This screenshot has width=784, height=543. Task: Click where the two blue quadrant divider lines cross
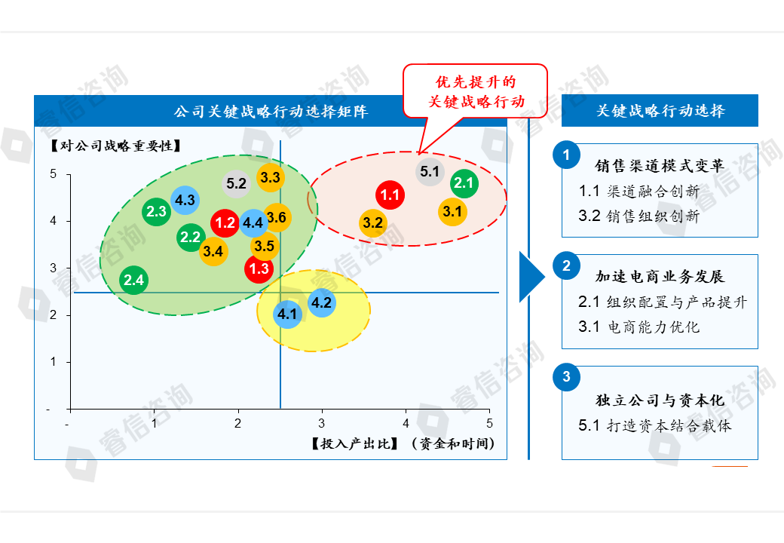tap(280, 293)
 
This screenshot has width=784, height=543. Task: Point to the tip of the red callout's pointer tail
tap(419, 153)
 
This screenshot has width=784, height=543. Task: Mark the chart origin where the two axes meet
tap(71, 410)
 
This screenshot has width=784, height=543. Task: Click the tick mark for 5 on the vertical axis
tap(69, 174)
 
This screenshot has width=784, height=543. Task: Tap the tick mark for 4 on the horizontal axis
tap(406, 411)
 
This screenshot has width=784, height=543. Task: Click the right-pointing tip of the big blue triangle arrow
tap(545, 277)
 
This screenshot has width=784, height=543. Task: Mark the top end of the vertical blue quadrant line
tap(280, 140)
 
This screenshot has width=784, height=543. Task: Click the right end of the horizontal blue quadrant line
tap(499, 293)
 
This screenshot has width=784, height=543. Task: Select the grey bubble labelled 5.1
tap(430, 171)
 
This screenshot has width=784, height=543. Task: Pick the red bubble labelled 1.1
tap(390, 195)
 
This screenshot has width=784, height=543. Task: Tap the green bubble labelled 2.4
tap(134, 280)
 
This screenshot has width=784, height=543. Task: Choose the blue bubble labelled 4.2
tap(321, 302)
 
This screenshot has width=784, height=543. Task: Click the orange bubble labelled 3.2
tap(373, 223)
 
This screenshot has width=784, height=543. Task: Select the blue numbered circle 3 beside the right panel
tap(566, 377)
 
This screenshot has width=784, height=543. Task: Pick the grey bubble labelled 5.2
tap(237, 183)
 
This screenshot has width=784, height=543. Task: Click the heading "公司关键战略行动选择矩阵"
tap(271, 111)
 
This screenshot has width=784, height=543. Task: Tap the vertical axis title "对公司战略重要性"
tap(115, 146)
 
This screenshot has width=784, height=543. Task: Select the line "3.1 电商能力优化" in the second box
tap(639, 327)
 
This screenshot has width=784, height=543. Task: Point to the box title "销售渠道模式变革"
tap(660, 165)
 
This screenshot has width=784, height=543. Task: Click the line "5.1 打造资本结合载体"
tap(654, 425)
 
